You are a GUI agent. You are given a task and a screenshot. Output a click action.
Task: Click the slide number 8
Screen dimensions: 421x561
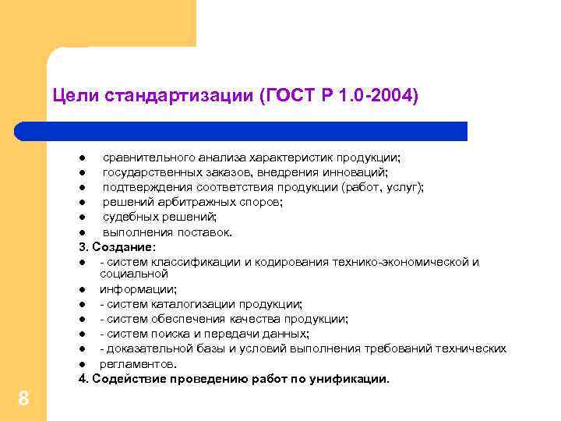23,399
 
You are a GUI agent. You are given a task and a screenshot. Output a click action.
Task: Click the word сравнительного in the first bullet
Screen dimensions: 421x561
149,158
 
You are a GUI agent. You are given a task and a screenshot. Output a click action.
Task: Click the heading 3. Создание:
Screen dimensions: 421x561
117,247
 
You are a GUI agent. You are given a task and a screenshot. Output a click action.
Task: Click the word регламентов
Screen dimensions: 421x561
136,363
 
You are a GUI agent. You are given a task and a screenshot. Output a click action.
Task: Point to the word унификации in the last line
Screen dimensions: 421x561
351,379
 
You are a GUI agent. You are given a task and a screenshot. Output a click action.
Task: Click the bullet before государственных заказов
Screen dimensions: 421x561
81,173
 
